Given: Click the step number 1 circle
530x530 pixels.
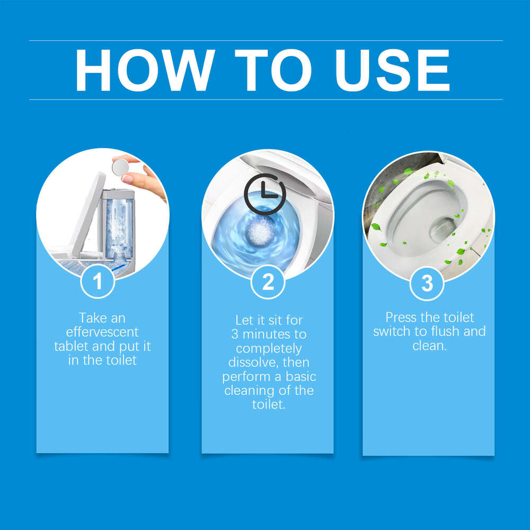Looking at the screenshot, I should coord(98,281).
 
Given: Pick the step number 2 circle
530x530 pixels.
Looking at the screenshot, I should coord(268,282).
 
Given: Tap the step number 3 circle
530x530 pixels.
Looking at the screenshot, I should coord(427,282).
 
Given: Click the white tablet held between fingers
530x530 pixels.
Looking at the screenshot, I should coord(120,167).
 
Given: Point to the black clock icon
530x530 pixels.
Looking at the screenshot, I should coord(264,193).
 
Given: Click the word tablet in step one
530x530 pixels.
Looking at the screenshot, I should coord(71,347).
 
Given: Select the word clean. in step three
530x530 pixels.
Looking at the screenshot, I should coord(430,346).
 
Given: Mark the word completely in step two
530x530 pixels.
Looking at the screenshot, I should coord(269,349).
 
